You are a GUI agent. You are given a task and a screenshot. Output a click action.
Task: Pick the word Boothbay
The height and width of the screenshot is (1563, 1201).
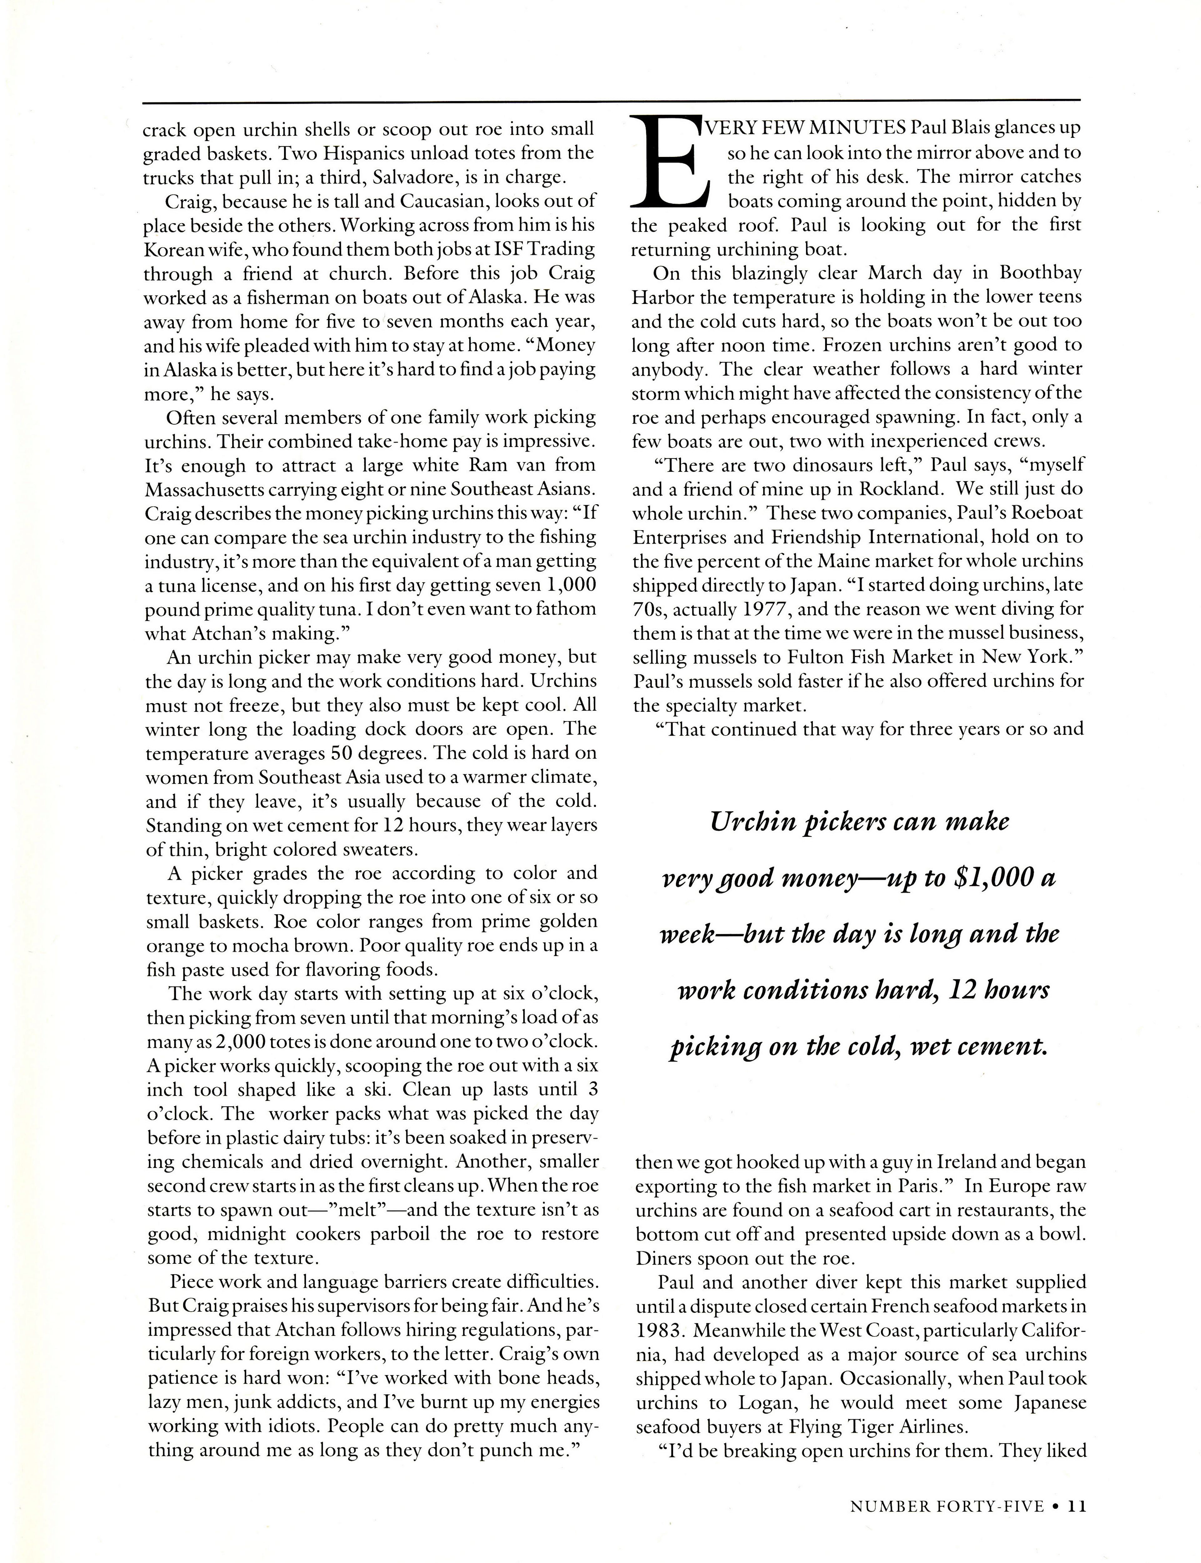[x=1041, y=273]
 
